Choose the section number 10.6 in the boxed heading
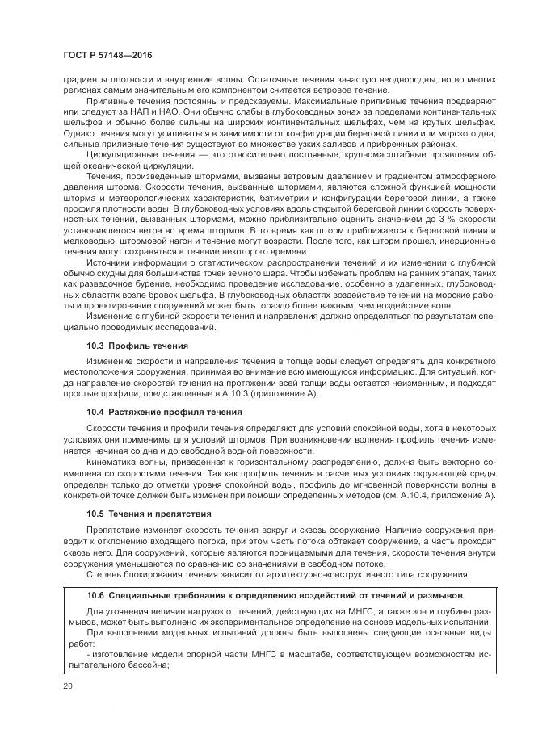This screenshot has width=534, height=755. click(96, 595)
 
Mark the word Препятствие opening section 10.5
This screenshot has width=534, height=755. click(115, 529)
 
